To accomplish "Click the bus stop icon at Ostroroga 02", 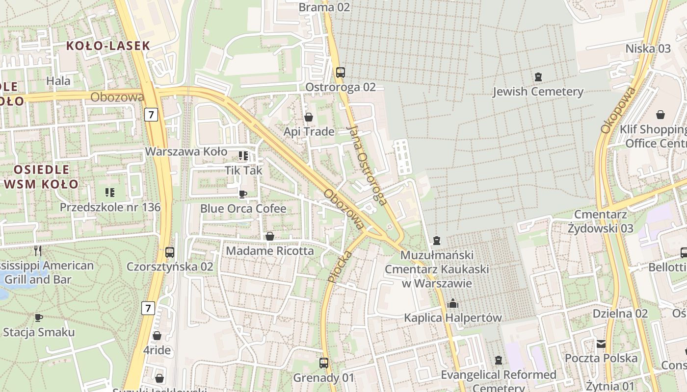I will [x=340, y=73].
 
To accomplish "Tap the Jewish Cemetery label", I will [x=538, y=92].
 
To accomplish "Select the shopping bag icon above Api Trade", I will [x=309, y=117].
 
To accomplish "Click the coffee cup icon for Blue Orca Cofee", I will [x=242, y=195].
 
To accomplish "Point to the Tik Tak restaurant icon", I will [x=243, y=156].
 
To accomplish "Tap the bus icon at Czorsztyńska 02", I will [x=170, y=252].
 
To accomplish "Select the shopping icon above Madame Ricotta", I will [x=269, y=237].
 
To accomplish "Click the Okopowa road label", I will [x=618, y=110].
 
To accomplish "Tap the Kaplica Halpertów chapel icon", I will [x=452, y=304].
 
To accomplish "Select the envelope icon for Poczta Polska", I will [x=601, y=344].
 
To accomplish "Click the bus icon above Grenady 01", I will [x=323, y=363].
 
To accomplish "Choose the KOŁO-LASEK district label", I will [x=107, y=46].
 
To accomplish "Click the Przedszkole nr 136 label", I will [x=110, y=207].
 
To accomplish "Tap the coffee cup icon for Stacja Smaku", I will [x=39, y=318].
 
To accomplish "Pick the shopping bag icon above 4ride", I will [x=157, y=336].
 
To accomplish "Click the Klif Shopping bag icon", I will [x=661, y=115].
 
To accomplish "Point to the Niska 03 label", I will [x=648, y=49].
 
